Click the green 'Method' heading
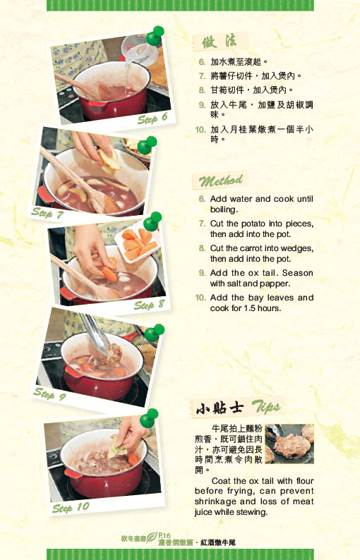coord(221,181)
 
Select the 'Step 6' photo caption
coord(152,118)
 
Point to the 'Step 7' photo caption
coord(47,213)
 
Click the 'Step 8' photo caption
coord(149,305)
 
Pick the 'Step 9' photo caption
coord(49,394)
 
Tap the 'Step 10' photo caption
coord(71,507)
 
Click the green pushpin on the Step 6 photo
coord(155,36)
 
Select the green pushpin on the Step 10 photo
coord(149,418)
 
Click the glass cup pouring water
coord(139,51)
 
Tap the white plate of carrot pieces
coord(138,241)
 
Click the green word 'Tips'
coord(266,407)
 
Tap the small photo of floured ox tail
coord(289,444)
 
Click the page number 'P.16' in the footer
coord(164,536)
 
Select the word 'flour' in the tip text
coord(305,481)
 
